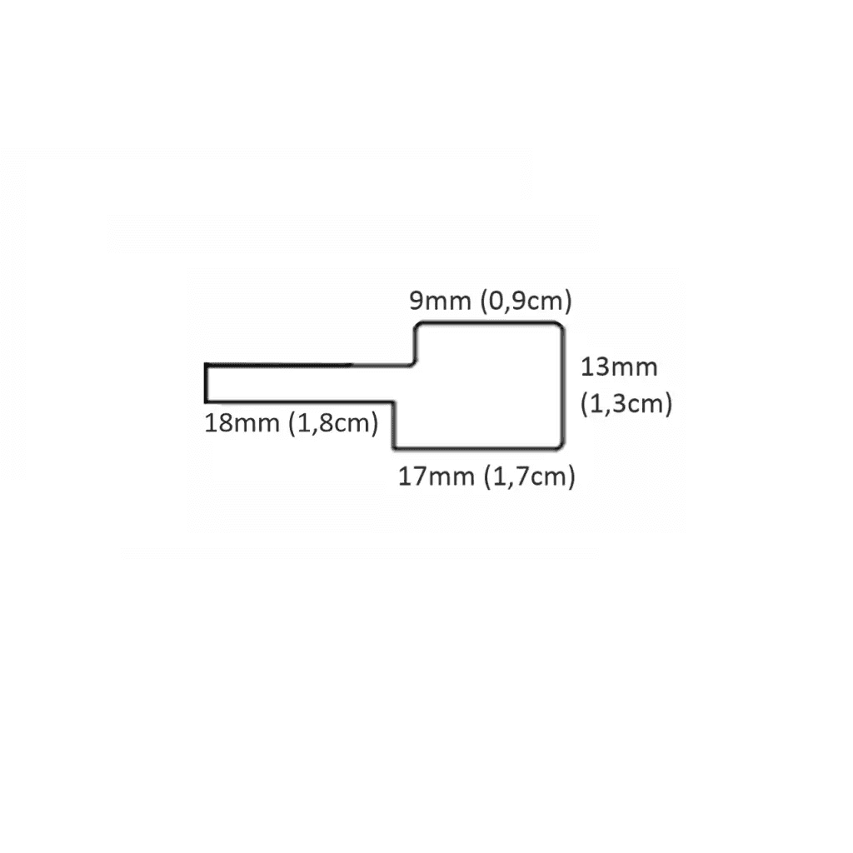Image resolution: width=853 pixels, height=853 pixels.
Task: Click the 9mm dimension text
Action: (x=440, y=300)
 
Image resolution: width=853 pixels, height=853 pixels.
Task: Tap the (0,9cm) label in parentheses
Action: (x=526, y=302)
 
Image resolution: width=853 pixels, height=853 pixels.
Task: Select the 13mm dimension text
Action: (x=619, y=367)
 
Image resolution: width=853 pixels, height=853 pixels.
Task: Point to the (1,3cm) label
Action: (x=626, y=404)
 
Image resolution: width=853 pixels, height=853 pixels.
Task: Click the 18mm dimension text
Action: (x=242, y=422)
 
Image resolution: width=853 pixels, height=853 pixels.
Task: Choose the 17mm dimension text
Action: (x=436, y=476)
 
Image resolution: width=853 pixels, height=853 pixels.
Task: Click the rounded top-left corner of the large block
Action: (x=418, y=327)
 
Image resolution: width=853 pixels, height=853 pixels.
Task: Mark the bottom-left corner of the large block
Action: (x=394, y=447)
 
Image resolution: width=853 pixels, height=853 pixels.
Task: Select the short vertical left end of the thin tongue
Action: (x=206, y=383)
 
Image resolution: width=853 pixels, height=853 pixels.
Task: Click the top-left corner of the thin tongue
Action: (x=206, y=364)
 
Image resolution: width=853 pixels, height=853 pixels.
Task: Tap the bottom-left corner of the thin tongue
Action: (x=206, y=402)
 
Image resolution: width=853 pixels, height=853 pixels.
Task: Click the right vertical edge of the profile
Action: (x=563, y=386)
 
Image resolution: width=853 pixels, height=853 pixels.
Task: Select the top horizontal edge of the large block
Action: (x=488, y=324)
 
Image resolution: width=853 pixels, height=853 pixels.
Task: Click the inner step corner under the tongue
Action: (x=394, y=402)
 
